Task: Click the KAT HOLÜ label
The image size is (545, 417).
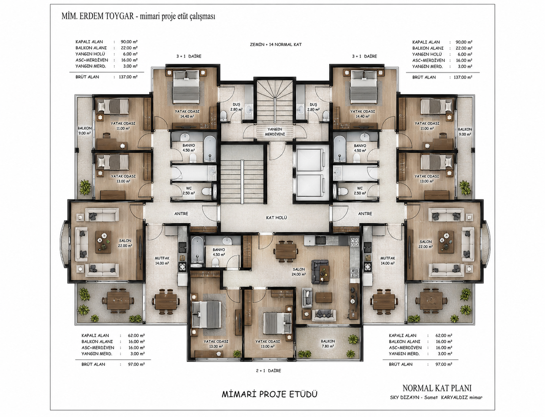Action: click(x=276, y=218)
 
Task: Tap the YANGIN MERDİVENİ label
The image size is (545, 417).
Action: click(x=275, y=132)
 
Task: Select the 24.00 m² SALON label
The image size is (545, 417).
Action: click(x=299, y=272)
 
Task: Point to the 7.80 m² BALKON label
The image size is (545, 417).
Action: click(x=328, y=344)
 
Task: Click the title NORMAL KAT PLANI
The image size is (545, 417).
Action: click(x=437, y=388)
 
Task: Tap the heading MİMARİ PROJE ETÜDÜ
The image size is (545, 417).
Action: click(x=269, y=394)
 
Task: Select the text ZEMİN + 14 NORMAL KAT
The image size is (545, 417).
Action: click(x=276, y=45)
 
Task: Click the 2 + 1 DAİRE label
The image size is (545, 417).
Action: click(x=268, y=371)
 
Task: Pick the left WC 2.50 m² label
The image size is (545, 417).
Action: click(x=189, y=190)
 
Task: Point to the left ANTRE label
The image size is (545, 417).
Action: click(x=181, y=214)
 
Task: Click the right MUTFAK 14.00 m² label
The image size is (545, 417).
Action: click(x=388, y=261)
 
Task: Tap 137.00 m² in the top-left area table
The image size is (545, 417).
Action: click(x=128, y=77)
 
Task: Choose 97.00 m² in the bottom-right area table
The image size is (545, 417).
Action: click(x=444, y=364)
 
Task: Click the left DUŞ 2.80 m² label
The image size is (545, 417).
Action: click(x=236, y=107)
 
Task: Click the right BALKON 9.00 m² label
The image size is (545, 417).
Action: click(x=465, y=132)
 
